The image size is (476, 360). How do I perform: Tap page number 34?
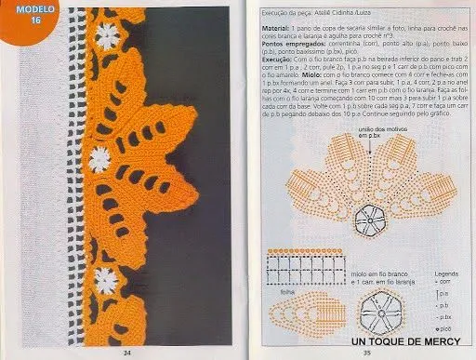(127, 352)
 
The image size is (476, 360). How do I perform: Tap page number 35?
(366, 352)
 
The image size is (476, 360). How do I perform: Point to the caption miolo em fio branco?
(370, 274)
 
